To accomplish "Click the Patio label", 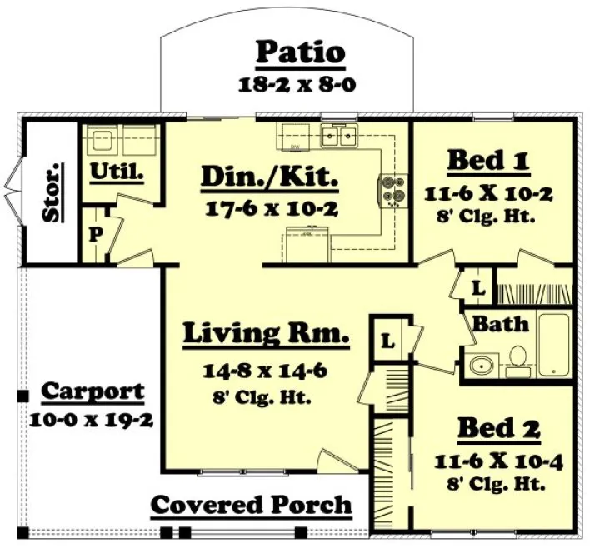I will tap(300, 52).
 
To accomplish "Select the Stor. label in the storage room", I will tap(52, 194).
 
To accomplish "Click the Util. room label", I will tap(117, 173).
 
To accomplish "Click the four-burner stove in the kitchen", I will tap(393, 190).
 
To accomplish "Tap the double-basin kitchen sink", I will tap(340, 135).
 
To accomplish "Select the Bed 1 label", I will tap(489, 160).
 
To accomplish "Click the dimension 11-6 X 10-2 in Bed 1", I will tap(489, 193).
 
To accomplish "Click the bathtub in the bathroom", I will tap(553, 344).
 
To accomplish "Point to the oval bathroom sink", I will tap(481, 365).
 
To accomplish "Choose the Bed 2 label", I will tap(499, 429).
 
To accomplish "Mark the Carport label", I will tap(92, 391).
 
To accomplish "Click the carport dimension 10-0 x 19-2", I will tap(91, 419).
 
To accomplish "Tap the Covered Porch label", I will tap(251, 505).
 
